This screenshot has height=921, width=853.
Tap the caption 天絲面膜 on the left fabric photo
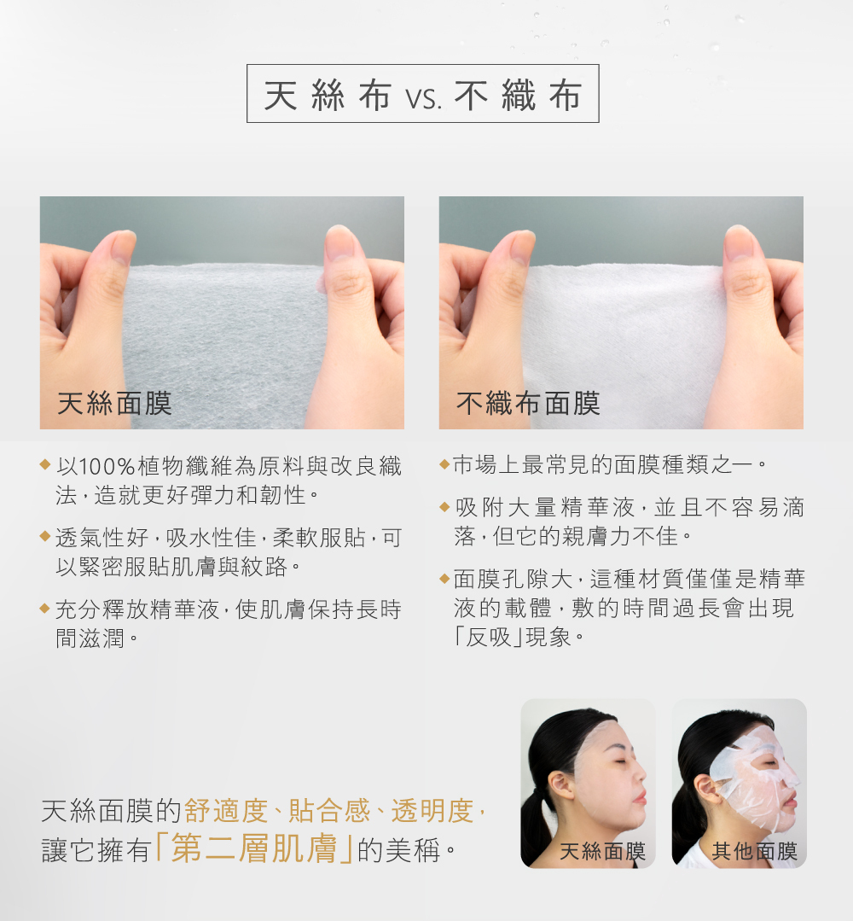pos(114,404)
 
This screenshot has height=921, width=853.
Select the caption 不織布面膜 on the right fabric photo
pos(528,404)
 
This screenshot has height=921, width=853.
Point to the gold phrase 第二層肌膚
pos(254,848)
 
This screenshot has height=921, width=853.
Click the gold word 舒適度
pos(226,811)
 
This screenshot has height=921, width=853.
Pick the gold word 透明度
pos(432,811)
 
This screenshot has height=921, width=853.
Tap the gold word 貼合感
pos(329,811)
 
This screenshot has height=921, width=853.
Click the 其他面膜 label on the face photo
pos(754,851)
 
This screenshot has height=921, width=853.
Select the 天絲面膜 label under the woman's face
pos(603,851)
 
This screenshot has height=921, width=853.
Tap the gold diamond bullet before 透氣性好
pos(44,536)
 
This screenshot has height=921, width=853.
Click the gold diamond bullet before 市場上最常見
pos(444,464)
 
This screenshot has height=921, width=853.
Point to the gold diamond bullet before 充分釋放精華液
pos(44,608)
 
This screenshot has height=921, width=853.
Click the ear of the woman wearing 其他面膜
pos(706,788)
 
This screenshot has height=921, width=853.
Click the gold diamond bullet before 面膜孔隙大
pos(444,579)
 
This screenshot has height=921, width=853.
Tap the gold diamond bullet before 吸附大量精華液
pos(444,506)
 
